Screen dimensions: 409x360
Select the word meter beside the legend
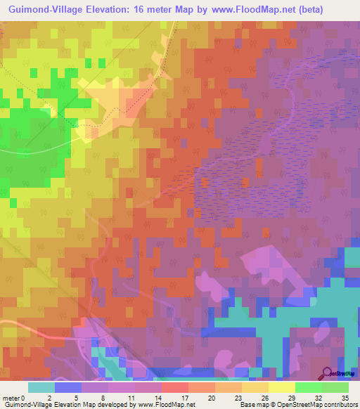pos(11,398)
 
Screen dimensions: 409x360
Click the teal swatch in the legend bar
pos(41,387)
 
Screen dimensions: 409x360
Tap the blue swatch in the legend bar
pos(68,387)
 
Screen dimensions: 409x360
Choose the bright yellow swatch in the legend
pos(281,387)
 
